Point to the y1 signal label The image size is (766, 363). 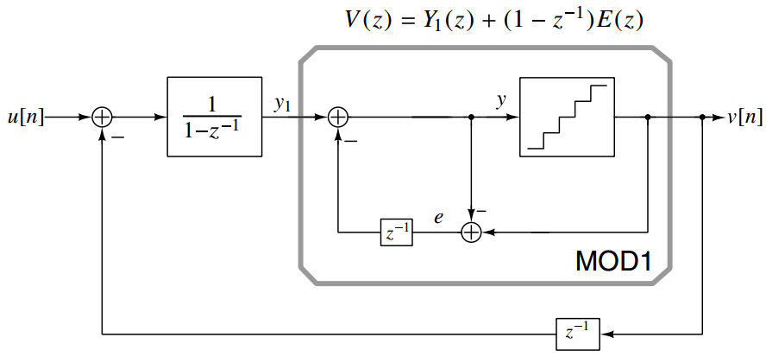(283, 103)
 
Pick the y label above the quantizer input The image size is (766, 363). (500, 100)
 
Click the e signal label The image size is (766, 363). (440, 218)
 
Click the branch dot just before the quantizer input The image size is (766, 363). (471, 117)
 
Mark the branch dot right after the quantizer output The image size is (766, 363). (648, 117)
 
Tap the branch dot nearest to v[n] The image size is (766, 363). (704, 117)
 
